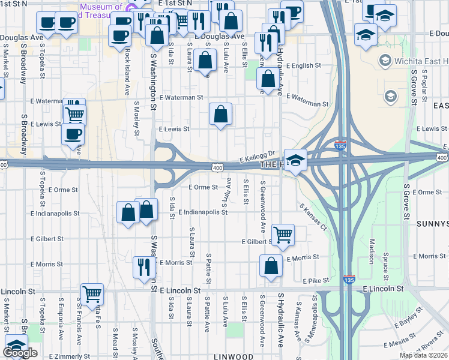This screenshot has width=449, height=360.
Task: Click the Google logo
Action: pos(21,353)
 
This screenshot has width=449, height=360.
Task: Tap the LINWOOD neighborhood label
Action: pos(234,356)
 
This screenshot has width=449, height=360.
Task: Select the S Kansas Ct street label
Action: pos(313,217)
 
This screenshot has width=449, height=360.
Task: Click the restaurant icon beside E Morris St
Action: pos(143,266)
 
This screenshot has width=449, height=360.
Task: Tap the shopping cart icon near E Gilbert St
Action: pos(282,234)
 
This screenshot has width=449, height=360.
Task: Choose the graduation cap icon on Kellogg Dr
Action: pos(295,160)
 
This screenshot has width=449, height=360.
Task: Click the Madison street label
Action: pos(372,251)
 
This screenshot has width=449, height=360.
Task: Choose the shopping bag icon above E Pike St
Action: pos(271,266)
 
